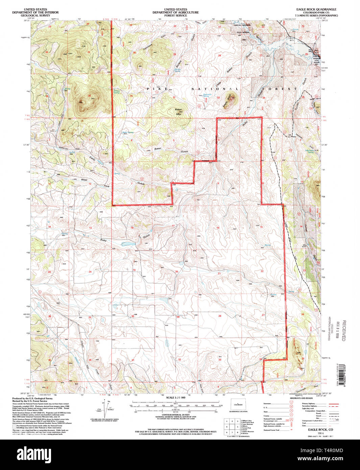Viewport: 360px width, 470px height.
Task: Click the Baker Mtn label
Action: [x=178, y=112]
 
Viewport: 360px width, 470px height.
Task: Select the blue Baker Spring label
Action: [x=128, y=133]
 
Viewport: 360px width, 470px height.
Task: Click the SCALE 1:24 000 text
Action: [x=176, y=398]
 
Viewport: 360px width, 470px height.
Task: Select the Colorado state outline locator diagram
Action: [x=238, y=404]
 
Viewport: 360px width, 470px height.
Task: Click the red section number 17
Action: [x=173, y=226]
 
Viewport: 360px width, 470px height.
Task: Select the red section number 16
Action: [x=218, y=228]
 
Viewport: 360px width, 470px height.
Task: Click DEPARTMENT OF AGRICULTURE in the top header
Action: [x=175, y=13]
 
